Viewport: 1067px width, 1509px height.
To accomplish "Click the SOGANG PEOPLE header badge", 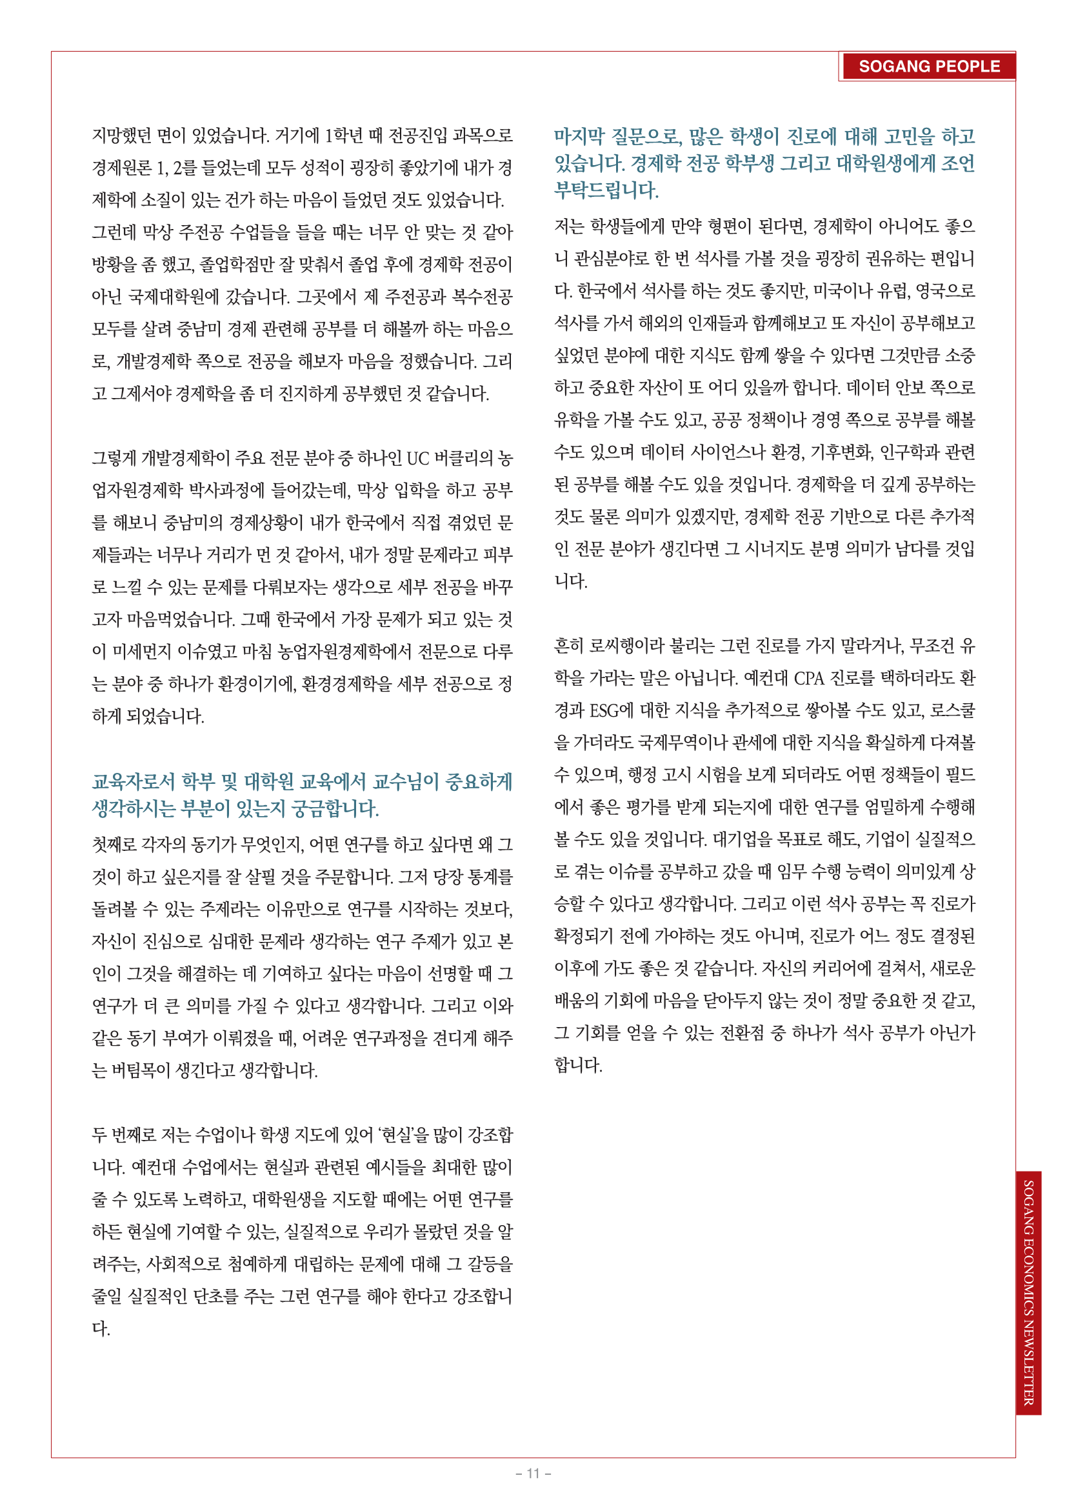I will (x=928, y=66).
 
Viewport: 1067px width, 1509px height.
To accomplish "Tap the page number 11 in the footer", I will (x=533, y=1473).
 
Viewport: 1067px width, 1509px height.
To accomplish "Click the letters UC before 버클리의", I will (x=418, y=458).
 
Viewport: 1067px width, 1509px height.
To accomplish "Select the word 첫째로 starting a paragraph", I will (x=114, y=844).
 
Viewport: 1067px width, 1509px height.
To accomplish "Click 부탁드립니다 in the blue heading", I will (x=606, y=190).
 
